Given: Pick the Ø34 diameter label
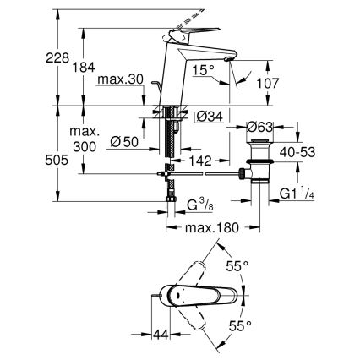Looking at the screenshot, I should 208,117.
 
